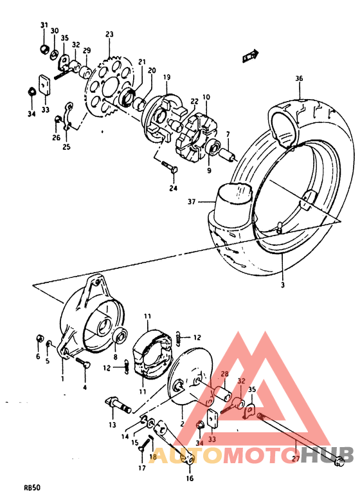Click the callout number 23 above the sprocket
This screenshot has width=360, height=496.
click(x=109, y=34)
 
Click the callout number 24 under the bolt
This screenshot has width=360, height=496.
click(x=173, y=188)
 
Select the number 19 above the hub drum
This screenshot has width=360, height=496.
click(x=166, y=77)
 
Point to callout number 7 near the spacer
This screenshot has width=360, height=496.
click(x=227, y=134)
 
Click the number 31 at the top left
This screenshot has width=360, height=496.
click(x=44, y=25)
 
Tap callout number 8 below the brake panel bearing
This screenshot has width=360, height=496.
click(x=115, y=357)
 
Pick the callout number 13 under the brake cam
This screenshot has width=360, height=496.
click(x=112, y=425)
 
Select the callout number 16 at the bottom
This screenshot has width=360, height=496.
click(x=189, y=479)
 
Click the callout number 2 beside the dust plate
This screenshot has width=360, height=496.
click(x=182, y=424)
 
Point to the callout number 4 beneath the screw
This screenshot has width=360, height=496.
click(x=84, y=387)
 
